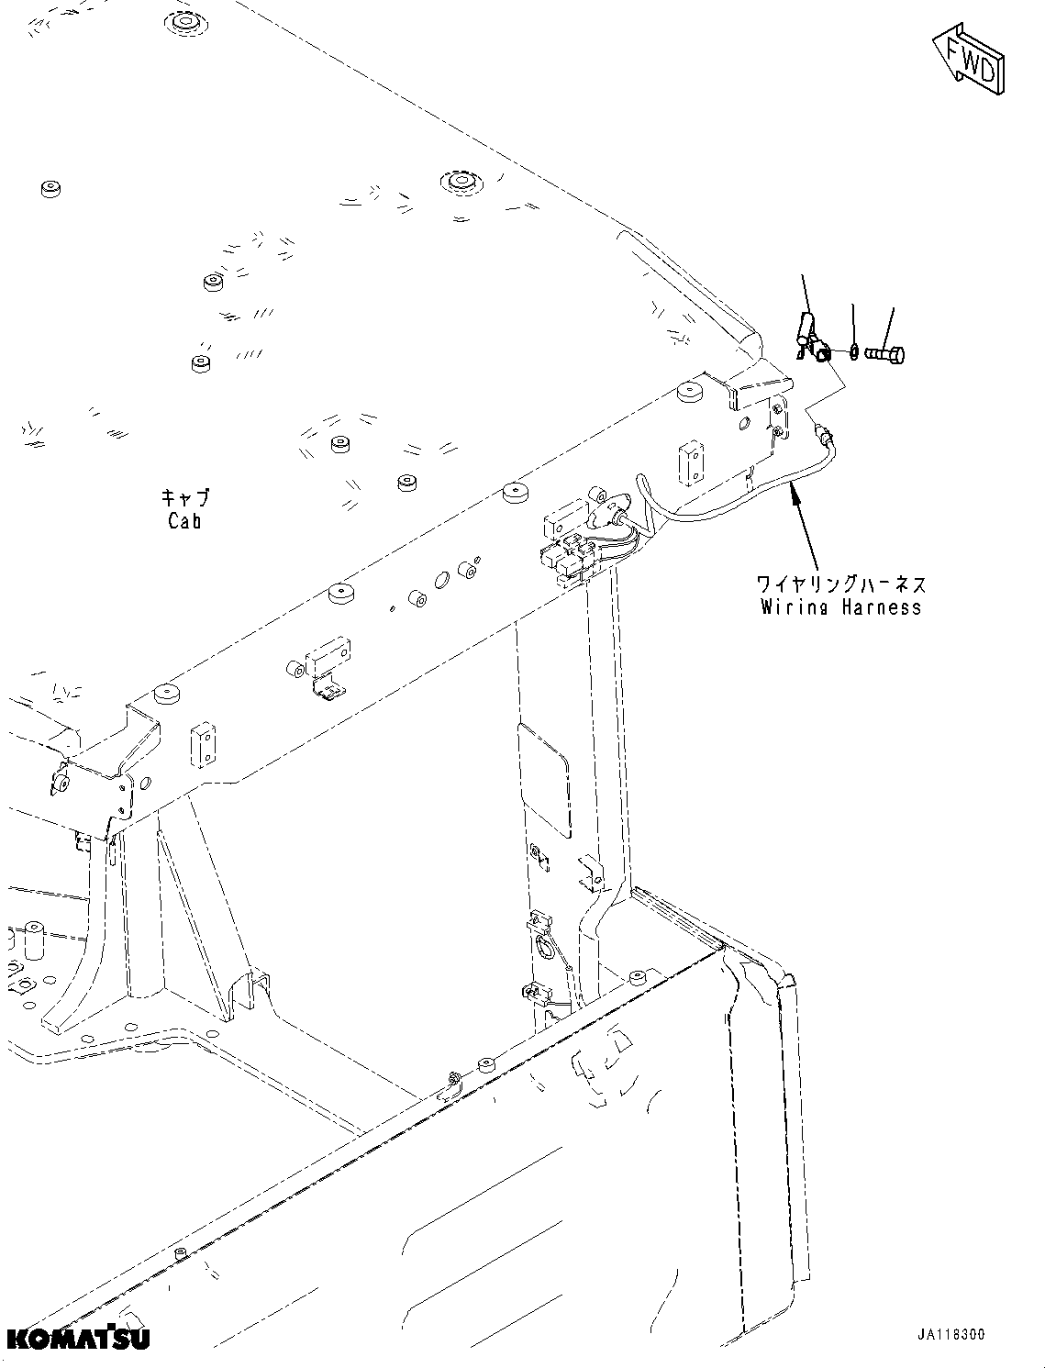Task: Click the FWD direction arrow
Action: [969, 61]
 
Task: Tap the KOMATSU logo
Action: [77, 1337]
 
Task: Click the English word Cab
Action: [184, 521]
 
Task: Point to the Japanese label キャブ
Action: [184, 498]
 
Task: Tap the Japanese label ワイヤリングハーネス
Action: [840, 584]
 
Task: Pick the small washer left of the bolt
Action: [854, 351]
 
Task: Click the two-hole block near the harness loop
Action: [690, 462]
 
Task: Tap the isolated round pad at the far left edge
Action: [50, 189]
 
